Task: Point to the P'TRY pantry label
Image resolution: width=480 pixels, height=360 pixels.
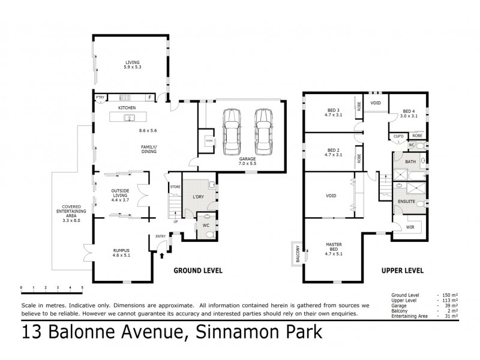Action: (x=100, y=97)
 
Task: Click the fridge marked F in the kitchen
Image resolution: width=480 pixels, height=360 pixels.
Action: (x=149, y=97)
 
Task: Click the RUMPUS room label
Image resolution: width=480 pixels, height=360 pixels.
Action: (x=121, y=251)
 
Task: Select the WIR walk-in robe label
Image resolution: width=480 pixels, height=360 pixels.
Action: (x=410, y=227)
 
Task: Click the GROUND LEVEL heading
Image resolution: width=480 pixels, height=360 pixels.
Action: (x=198, y=271)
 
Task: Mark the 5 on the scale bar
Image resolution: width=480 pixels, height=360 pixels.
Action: (x=82, y=289)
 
